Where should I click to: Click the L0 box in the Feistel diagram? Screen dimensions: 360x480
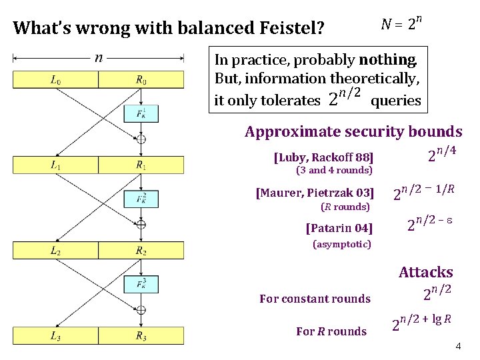(55, 81)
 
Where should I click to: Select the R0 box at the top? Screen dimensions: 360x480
(141, 81)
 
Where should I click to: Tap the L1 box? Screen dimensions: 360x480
(55, 165)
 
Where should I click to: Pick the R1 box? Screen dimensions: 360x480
(141, 165)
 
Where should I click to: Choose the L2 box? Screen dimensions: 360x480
(55, 251)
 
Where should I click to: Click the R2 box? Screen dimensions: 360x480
(141, 251)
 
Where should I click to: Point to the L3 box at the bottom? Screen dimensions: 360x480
(55, 335)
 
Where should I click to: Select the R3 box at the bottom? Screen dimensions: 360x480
(141, 335)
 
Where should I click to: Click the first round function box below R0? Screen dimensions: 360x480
(141, 113)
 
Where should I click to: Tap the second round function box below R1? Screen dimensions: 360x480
(141, 199)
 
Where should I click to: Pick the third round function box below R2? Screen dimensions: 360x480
(141, 284)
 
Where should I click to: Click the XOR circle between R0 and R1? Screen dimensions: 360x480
(141, 139)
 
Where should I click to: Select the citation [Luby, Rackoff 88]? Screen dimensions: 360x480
(323, 158)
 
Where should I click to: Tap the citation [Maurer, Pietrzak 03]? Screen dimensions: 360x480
(315, 194)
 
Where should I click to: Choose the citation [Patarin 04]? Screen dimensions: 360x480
(339, 229)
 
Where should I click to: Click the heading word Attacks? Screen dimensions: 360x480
(425, 272)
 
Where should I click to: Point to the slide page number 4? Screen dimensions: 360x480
(458, 347)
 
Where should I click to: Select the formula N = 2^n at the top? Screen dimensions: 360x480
(401, 25)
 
